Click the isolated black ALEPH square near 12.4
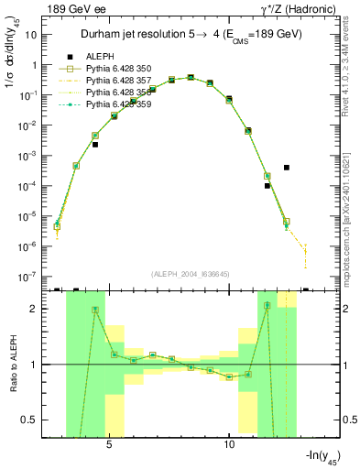point(287,168)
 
